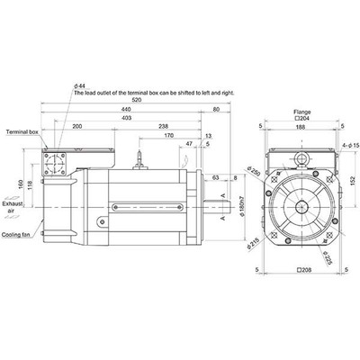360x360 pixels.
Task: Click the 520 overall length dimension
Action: (x=137, y=100)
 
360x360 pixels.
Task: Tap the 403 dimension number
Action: (x=127, y=118)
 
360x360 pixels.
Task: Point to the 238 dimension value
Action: (x=164, y=126)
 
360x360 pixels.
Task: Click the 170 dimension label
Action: (x=169, y=136)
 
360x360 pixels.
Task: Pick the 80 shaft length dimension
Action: (x=216, y=110)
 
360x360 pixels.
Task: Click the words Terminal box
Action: (x=22, y=131)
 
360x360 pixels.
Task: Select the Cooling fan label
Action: (x=16, y=235)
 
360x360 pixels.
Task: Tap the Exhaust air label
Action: (x=13, y=207)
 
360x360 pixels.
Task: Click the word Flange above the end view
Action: (x=302, y=112)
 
